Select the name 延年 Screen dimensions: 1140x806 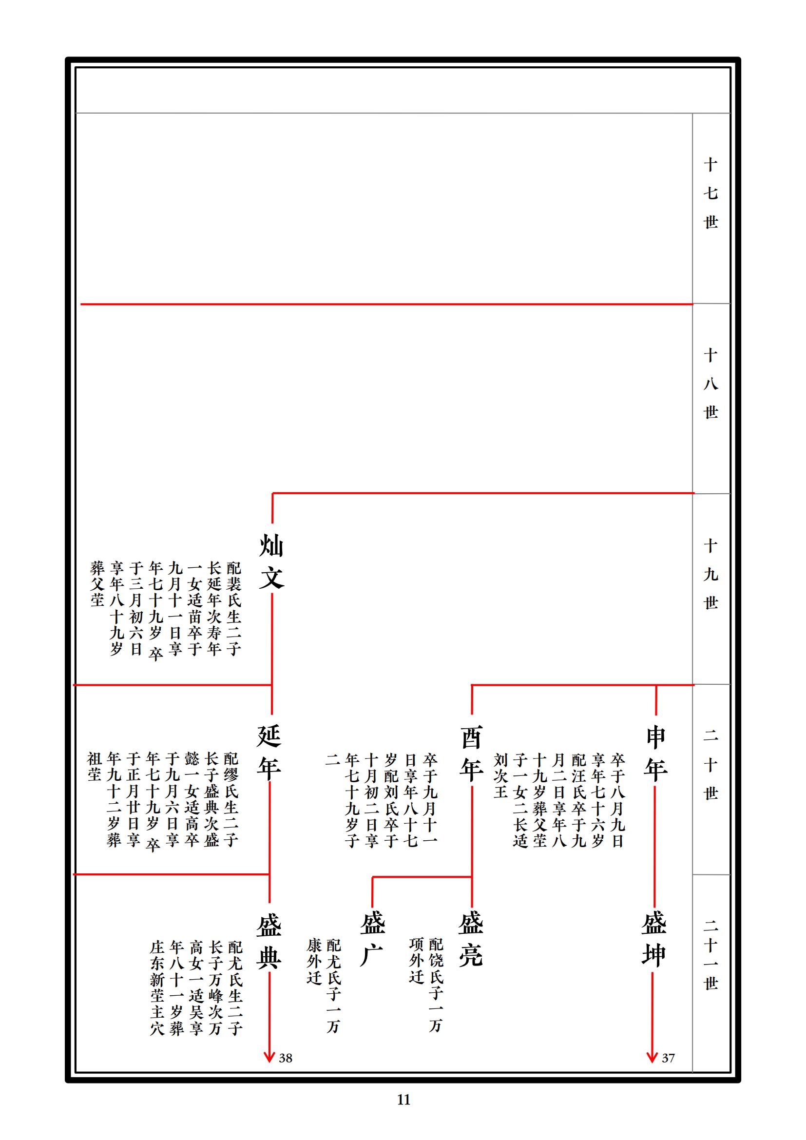[x=269, y=752]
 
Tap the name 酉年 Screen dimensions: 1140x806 [x=471, y=753]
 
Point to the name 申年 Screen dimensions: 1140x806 [x=655, y=753]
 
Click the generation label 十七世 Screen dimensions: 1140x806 [x=710, y=193]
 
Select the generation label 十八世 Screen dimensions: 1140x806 [x=710, y=384]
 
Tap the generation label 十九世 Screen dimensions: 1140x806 [x=710, y=575]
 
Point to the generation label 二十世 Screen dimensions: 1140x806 [x=710, y=765]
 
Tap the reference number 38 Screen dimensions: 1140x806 [x=286, y=1059]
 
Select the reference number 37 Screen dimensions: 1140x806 [x=668, y=1059]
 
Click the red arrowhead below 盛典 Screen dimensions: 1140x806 [x=269, y=1057]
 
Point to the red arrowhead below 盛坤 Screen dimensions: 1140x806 [x=652, y=1057]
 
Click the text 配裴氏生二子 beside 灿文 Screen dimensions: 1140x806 [x=234, y=609]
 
